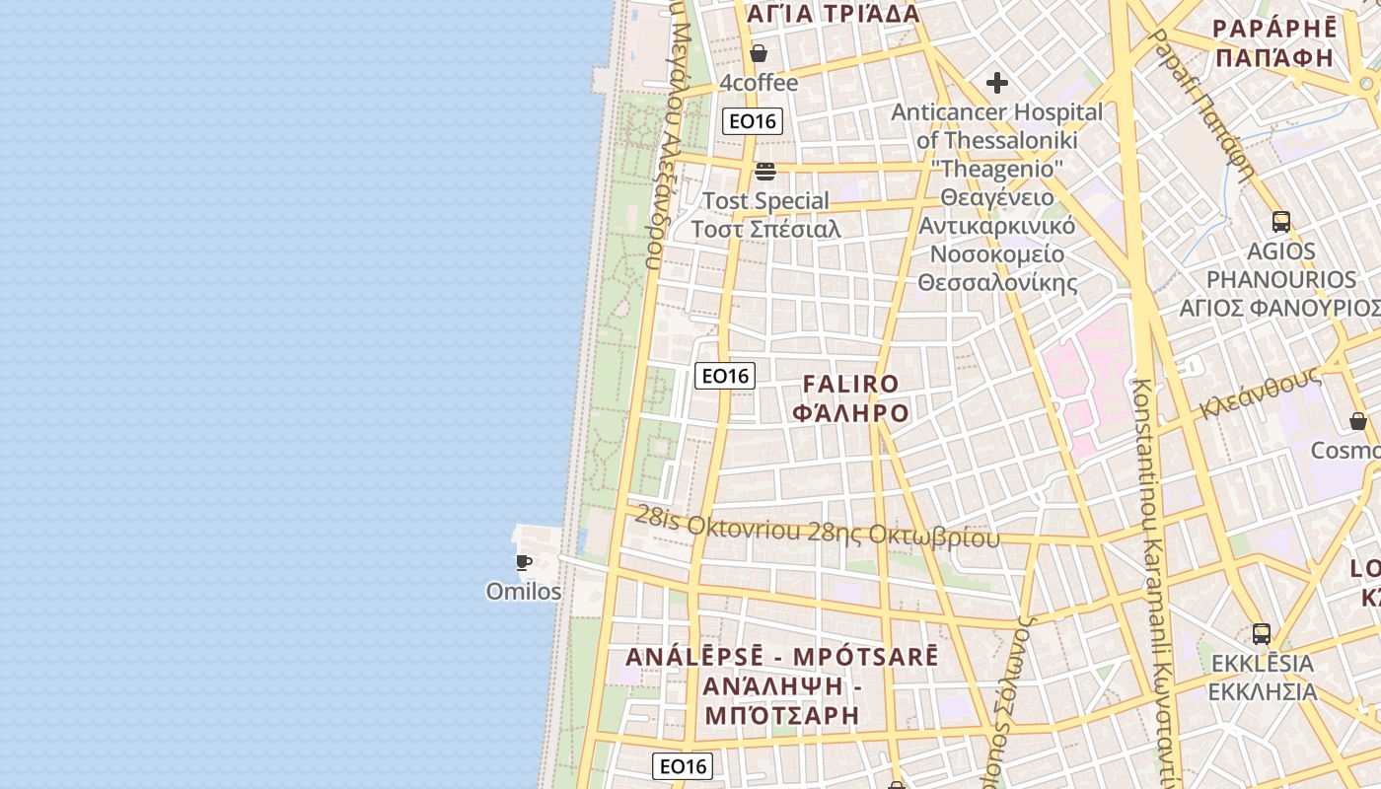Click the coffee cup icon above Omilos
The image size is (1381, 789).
(x=524, y=563)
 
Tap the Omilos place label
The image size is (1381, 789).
(x=524, y=592)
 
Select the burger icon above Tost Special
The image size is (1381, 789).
(x=765, y=172)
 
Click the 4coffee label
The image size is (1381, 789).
(x=759, y=83)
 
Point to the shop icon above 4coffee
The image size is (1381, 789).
(x=759, y=53)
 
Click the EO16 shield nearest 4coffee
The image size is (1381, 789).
(x=753, y=121)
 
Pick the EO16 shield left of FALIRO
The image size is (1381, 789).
(x=725, y=376)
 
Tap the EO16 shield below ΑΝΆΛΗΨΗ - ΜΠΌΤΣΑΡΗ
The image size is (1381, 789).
(x=683, y=766)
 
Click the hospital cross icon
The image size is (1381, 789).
(x=997, y=83)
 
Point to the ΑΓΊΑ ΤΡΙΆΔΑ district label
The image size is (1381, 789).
(x=834, y=14)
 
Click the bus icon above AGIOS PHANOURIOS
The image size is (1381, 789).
(x=1281, y=222)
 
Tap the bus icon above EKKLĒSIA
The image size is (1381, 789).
(x=1262, y=634)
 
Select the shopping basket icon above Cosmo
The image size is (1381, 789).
(x=1358, y=421)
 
